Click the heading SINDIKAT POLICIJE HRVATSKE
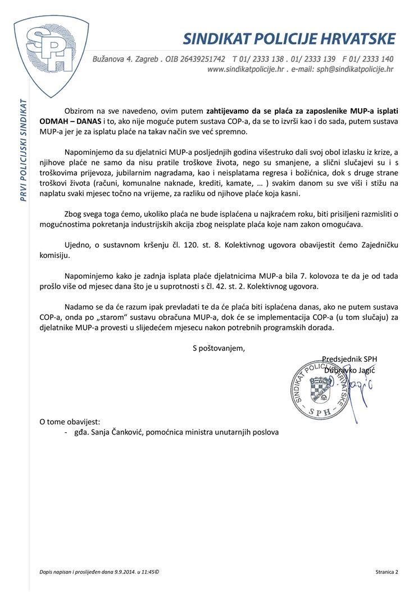click(x=289, y=39)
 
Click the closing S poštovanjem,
click(x=219, y=348)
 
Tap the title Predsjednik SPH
click(x=349, y=359)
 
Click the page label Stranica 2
click(x=387, y=572)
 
